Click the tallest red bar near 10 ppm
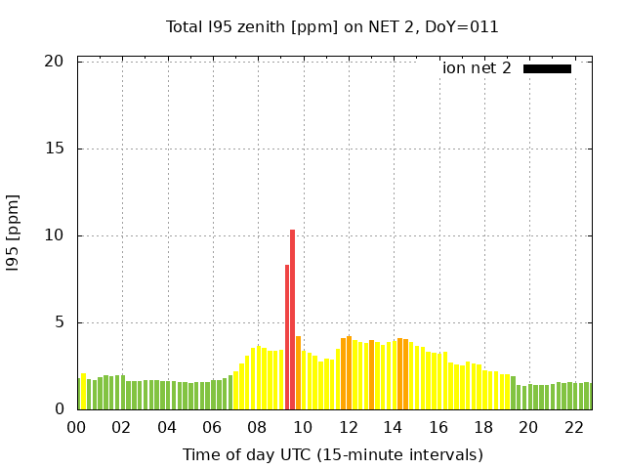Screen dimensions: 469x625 pyautogui.click(x=292, y=320)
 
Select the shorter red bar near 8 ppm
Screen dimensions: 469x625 pyautogui.click(x=286, y=337)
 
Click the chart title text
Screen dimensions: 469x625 pyautogui.click(x=332, y=26)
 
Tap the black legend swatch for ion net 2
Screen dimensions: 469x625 pyautogui.click(x=547, y=68)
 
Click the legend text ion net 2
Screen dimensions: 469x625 pyautogui.click(x=477, y=68)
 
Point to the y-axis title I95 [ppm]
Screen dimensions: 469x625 pyautogui.click(x=14, y=233)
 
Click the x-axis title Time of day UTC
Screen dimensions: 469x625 pyautogui.click(x=332, y=454)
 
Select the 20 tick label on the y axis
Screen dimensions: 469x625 pyautogui.click(x=54, y=62)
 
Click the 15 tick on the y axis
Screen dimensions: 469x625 pyautogui.click(x=54, y=149)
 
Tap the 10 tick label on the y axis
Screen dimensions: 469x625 pyautogui.click(x=54, y=235)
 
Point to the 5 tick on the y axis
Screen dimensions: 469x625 pyautogui.click(x=59, y=322)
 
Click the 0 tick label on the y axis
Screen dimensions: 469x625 pyautogui.click(x=59, y=409)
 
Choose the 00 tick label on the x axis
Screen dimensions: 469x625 pyautogui.click(x=76, y=428)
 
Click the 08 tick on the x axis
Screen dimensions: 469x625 pyautogui.click(x=257, y=428)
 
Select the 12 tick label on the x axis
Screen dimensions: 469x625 pyautogui.click(x=348, y=428)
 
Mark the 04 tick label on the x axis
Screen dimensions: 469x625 pyautogui.click(x=167, y=428)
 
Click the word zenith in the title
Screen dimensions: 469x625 pyautogui.click(x=250, y=26)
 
